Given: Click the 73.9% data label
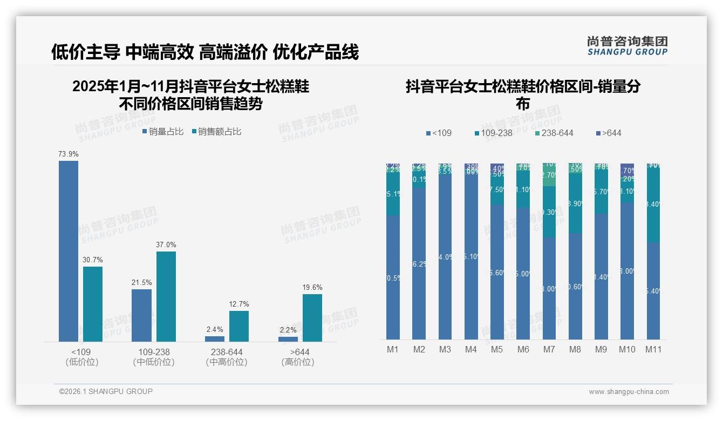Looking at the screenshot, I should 69,154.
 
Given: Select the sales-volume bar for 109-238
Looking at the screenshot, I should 141,315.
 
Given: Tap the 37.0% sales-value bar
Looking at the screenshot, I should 166,296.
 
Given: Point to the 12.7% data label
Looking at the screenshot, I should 239,304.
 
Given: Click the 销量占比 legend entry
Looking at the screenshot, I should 163,132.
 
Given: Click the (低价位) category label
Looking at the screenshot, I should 82,362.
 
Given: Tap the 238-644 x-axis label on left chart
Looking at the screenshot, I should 227,352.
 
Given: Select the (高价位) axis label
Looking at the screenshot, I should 298,362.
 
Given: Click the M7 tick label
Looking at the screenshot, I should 549,350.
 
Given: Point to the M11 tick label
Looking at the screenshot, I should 653,350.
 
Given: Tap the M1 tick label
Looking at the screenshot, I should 393,350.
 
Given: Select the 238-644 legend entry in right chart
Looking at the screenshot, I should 554,133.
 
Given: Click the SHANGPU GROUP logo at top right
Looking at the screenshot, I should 627,46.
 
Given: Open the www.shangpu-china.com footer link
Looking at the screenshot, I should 629,392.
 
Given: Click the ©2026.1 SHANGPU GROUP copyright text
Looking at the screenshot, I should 106,391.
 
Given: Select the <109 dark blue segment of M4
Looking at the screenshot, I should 471,259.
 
